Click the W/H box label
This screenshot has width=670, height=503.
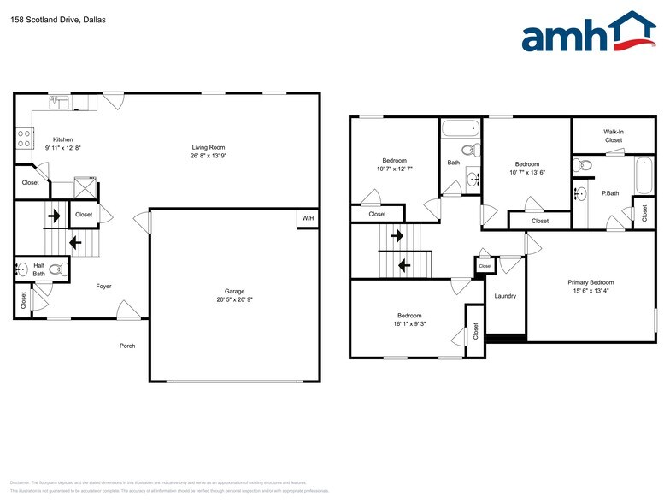tap(307, 218)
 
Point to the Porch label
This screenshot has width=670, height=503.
tap(126, 346)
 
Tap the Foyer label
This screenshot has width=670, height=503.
tap(103, 286)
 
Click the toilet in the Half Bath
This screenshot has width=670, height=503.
tap(57, 270)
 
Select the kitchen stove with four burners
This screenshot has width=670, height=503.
tap(25, 138)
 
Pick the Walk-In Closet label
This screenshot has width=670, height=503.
tap(613, 135)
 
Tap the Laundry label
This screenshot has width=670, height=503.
tap(505, 296)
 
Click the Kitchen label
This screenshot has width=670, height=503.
tap(63, 139)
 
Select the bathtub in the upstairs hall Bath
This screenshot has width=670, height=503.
tap(460, 131)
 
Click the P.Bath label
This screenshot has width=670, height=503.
tap(610, 193)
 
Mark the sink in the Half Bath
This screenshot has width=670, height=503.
tap(21, 270)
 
